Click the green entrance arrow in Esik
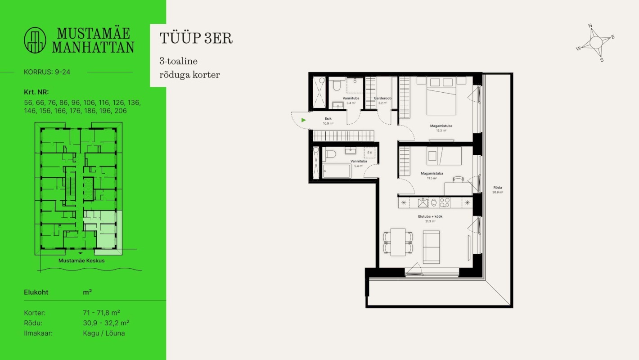304,120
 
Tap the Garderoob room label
383,98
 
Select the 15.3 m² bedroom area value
441,131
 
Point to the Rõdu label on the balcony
497,187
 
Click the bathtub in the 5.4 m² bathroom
337,171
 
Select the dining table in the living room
398,242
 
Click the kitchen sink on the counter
423,203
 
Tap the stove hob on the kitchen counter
445,203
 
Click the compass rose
595,43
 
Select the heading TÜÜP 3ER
196,38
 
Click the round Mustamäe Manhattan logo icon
35,40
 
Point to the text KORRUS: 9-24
45,72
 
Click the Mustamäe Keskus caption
81,261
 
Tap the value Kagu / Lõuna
104,333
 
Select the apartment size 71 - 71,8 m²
101,313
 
